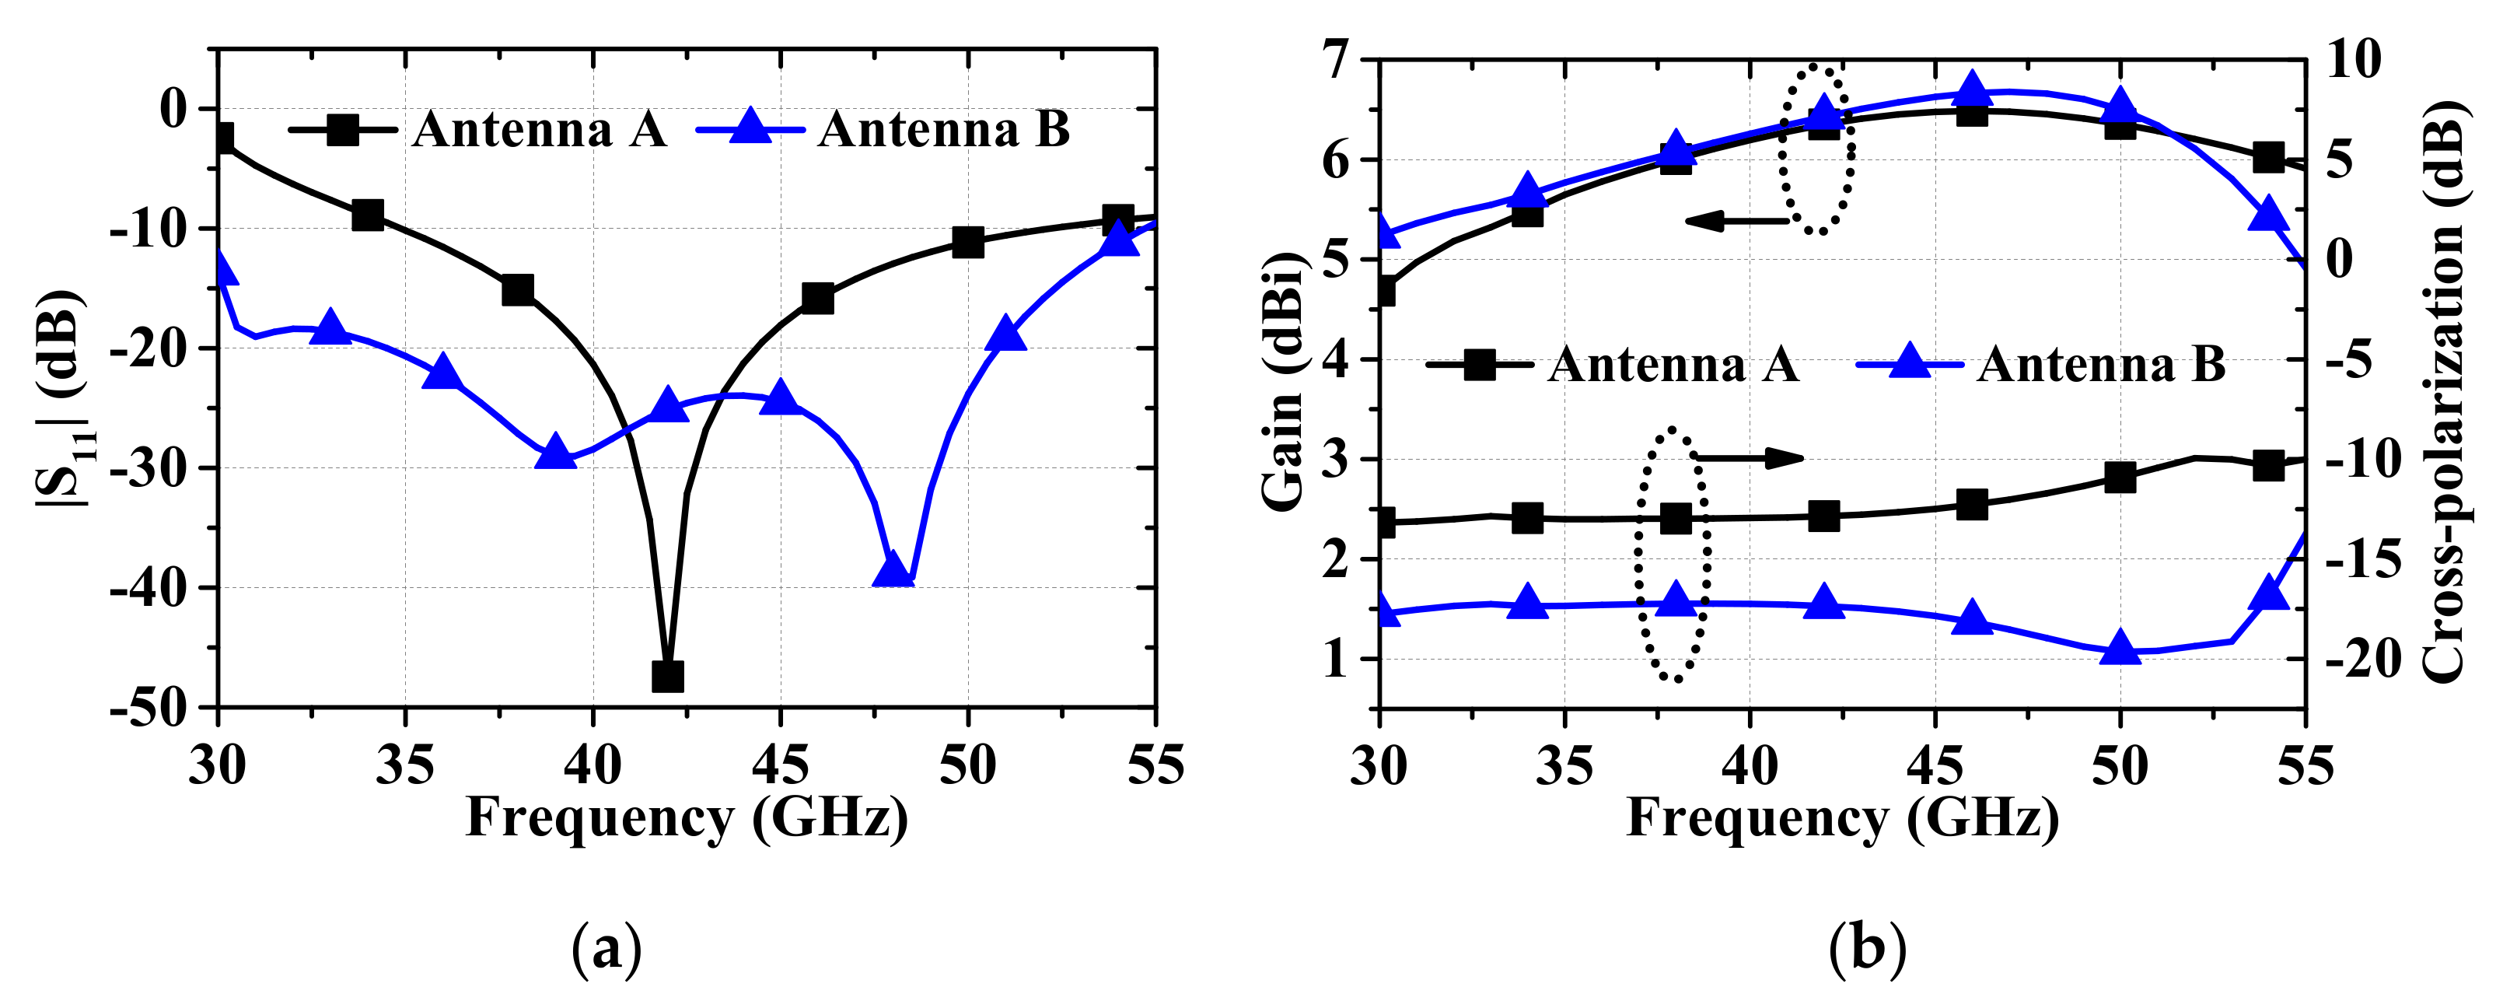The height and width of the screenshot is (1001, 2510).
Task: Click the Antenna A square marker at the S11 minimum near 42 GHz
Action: (667, 675)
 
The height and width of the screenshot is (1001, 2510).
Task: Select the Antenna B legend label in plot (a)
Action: (943, 130)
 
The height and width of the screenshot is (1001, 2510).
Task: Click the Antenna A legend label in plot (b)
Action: (1673, 365)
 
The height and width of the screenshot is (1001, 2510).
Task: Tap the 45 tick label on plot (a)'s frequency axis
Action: (779, 764)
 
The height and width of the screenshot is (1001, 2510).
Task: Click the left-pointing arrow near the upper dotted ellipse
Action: (1736, 221)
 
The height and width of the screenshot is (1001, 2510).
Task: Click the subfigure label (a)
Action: (606, 948)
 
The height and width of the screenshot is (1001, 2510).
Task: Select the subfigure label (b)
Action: (1867, 948)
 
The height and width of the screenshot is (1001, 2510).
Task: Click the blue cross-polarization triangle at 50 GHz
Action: (2120, 647)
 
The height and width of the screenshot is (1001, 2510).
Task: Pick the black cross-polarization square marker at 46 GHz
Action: (1972, 505)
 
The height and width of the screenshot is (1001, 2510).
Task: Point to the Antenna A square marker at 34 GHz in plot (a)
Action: (367, 215)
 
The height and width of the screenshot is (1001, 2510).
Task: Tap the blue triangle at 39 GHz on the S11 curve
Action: (555, 452)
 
